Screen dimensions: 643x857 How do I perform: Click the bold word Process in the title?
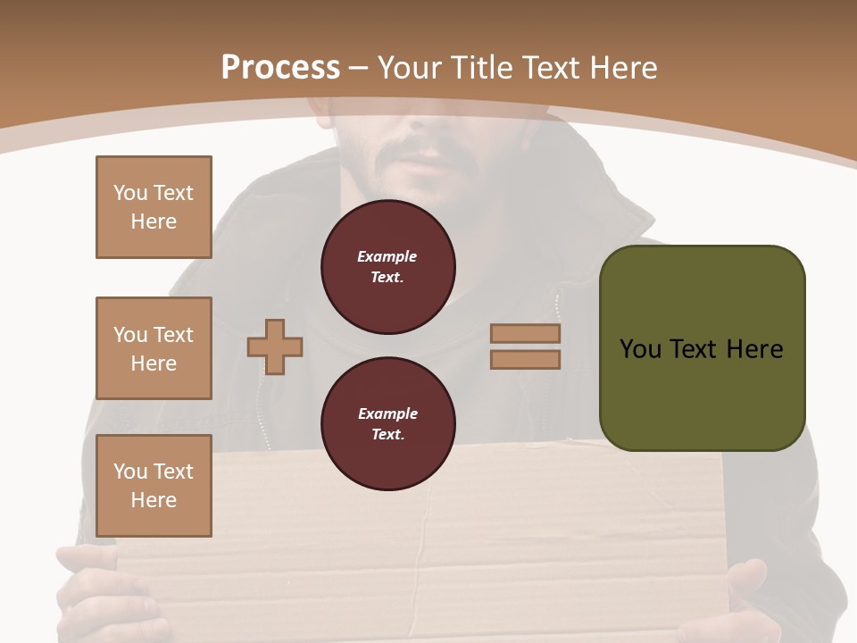click(280, 67)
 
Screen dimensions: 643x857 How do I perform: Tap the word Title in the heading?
click(482, 67)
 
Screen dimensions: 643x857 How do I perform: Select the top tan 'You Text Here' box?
click(154, 207)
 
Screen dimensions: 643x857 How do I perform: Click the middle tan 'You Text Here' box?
click(154, 348)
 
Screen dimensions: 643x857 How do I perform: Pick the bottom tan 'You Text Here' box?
click(154, 486)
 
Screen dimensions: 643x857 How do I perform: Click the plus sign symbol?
click(275, 347)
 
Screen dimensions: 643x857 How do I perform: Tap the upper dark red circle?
click(387, 267)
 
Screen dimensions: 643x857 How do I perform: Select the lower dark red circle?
click(387, 424)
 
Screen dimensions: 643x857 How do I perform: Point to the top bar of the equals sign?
click(526, 334)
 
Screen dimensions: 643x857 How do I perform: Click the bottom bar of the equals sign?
click(526, 359)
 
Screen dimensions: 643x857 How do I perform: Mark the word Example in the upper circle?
click(387, 257)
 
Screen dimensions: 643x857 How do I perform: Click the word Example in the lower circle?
click(387, 414)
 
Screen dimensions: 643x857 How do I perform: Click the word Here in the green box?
click(754, 349)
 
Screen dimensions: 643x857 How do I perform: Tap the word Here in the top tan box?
click(154, 221)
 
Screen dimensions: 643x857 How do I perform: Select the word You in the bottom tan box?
click(130, 472)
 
